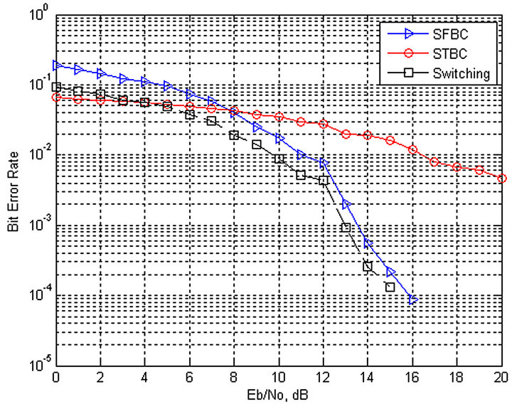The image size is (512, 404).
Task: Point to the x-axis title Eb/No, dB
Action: click(x=279, y=392)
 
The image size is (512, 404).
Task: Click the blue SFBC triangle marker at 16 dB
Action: click(x=413, y=300)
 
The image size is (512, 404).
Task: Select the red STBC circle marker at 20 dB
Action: click(x=502, y=179)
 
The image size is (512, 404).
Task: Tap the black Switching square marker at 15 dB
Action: click(x=390, y=287)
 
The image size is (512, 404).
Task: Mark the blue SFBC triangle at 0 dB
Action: click(x=57, y=65)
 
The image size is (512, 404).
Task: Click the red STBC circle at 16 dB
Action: click(x=413, y=149)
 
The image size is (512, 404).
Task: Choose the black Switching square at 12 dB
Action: click(x=324, y=181)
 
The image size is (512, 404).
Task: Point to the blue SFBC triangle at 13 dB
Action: click(x=346, y=205)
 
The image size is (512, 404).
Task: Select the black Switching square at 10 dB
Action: click(x=279, y=159)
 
